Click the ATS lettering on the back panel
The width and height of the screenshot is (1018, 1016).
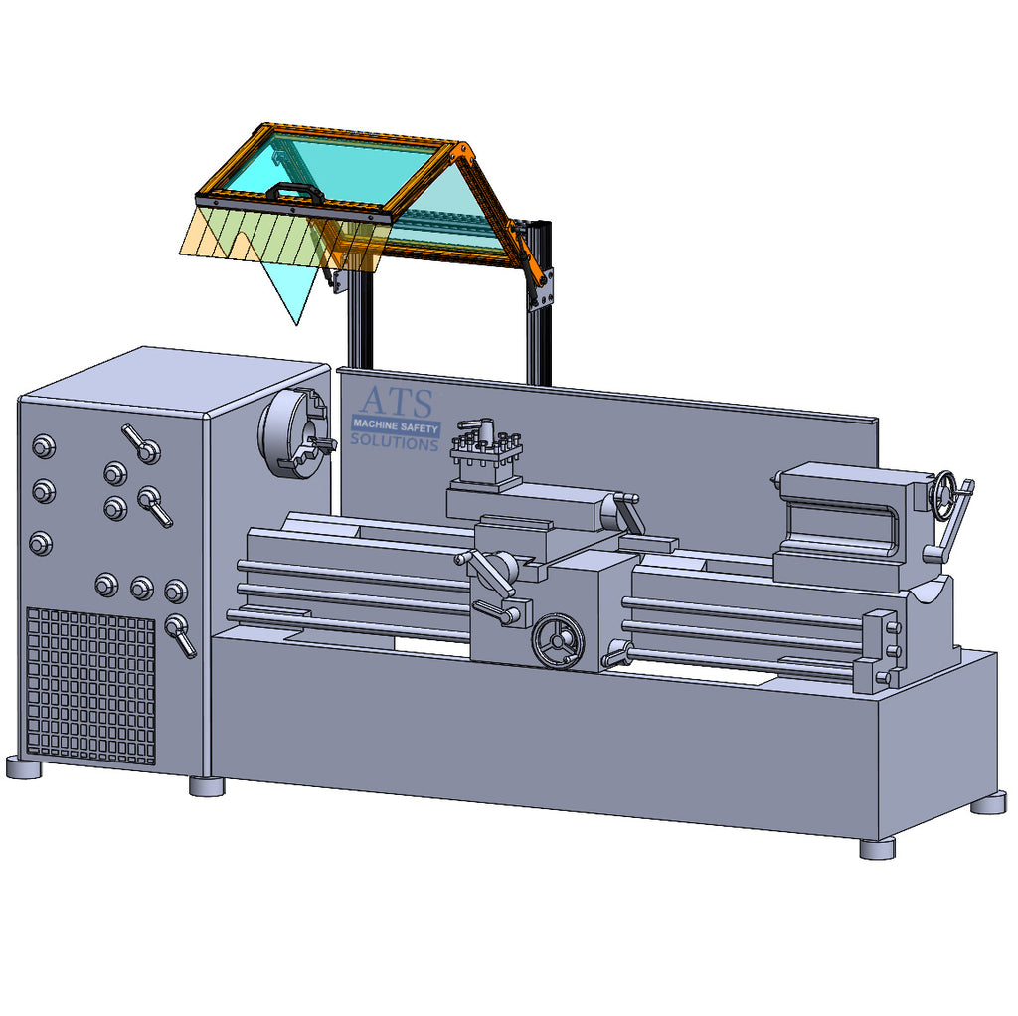click(396, 402)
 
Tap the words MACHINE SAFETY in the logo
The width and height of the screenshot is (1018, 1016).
click(395, 425)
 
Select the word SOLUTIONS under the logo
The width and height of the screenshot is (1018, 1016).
click(394, 442)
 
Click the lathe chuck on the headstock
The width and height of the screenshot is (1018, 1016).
click(294, 432)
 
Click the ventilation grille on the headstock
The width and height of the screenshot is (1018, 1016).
click(90, 686)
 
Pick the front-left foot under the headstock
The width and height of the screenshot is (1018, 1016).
click(24, 767)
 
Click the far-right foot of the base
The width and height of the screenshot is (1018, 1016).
click(987, 803)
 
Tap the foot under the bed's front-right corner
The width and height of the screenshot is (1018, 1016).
click(877, 848)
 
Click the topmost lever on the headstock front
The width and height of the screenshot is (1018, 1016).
click(141, 443)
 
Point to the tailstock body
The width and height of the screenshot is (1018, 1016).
click(845, 522)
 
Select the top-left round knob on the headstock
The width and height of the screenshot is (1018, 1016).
click(44, 446)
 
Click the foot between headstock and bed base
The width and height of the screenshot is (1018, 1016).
click(207, 785)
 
